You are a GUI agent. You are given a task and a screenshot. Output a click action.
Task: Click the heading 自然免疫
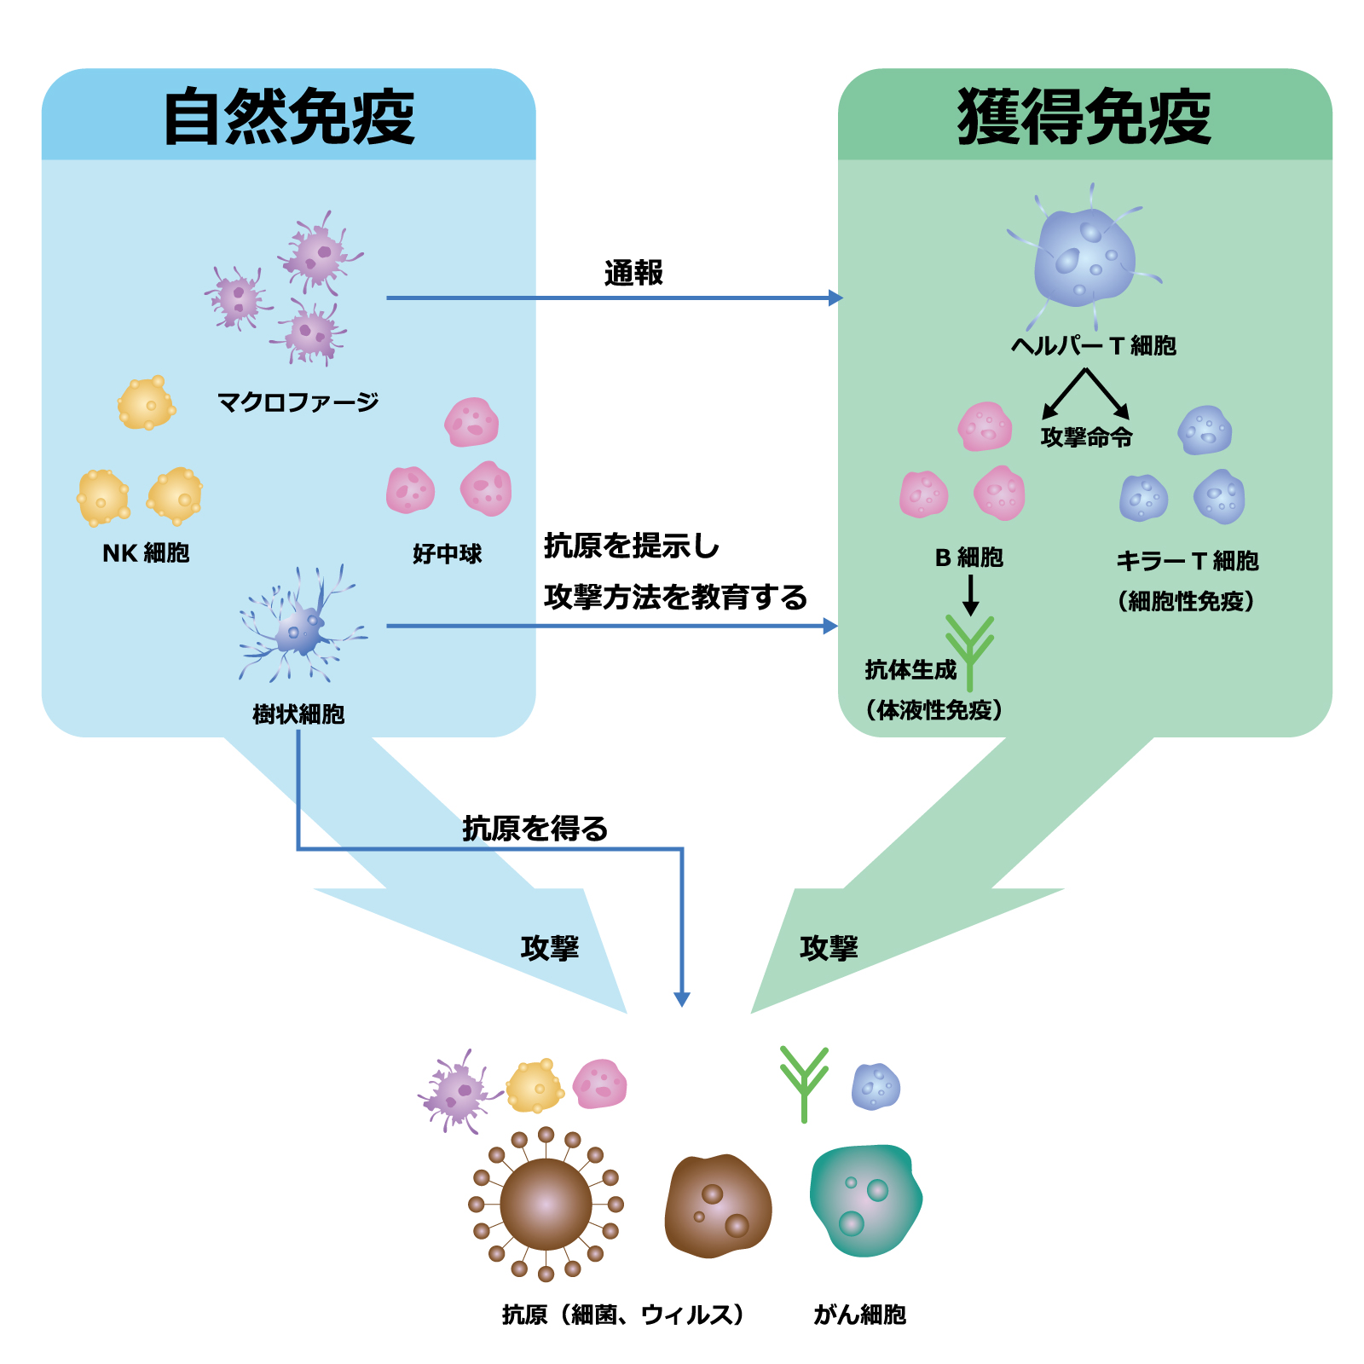coord(289,117)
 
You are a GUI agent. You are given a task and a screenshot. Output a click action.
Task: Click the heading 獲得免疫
coord(1084,117)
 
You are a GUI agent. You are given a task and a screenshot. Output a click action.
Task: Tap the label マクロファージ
coord(298,402)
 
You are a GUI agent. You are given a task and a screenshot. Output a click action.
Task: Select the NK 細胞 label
coord(146,553)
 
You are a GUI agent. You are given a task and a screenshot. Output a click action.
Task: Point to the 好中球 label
coord(447,554)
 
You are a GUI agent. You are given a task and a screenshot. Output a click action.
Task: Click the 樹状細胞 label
coord(298,714)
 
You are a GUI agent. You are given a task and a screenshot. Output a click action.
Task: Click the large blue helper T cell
coord(1084,256)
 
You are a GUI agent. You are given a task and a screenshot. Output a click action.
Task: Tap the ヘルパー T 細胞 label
coord(1094,345)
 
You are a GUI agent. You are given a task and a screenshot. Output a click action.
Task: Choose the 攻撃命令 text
coord(1087,437)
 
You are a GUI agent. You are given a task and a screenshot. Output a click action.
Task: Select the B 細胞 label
coord(969,558)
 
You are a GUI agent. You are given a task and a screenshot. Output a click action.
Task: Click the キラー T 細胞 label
coord(1188,561)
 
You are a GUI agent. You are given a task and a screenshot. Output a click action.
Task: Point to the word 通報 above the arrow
coord(633,273)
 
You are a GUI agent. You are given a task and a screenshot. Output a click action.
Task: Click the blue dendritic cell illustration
coord(301,625)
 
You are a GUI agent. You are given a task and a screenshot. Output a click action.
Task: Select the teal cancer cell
coord(866,1200)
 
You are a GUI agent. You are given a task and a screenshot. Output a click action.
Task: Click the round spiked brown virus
coord(546,1205)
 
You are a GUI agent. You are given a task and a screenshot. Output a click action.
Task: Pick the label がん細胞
coord(859,1315)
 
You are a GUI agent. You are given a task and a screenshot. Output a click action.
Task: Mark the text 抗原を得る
coord(535,828)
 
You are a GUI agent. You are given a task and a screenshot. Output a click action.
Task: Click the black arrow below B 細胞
coord(970,595)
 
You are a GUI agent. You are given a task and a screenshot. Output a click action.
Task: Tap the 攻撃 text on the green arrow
coord(829,948)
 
